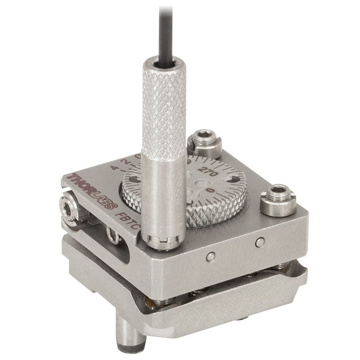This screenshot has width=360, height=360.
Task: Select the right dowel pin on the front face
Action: (x=258, y=243)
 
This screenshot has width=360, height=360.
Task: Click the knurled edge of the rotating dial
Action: (x=211, y=216)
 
